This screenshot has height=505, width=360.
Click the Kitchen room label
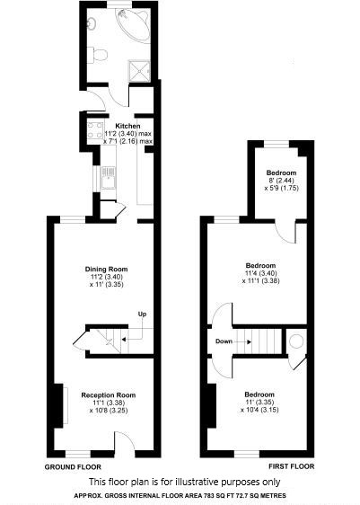tap(127, 126)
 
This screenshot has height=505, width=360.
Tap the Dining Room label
tap(107, 269)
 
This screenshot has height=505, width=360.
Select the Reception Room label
tap(109, 394)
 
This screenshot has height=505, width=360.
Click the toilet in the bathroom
tap(98, 55)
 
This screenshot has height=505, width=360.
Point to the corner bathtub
tap(134, 24)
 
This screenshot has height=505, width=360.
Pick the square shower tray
tap(139, 70)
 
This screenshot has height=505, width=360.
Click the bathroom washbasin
tap(91, 22)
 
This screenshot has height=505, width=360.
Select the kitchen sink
tap(108, 178)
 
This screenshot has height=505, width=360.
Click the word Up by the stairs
tap(142, 314)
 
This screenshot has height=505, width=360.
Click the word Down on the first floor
tap(224, 341)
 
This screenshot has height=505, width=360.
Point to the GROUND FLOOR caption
tap(73, 466)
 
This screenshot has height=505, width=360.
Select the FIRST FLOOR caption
tap(292, 466)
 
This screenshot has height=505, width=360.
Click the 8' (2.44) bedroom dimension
tap(282, 181)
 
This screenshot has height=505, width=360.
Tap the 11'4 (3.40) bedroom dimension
tap(261, 273)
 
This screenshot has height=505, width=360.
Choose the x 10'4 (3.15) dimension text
tap(259, 410)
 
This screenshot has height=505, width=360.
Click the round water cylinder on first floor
tap(296, 341)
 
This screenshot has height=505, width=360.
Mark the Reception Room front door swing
tap(125, 444)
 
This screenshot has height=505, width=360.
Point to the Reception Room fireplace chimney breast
tap(58, 406)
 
